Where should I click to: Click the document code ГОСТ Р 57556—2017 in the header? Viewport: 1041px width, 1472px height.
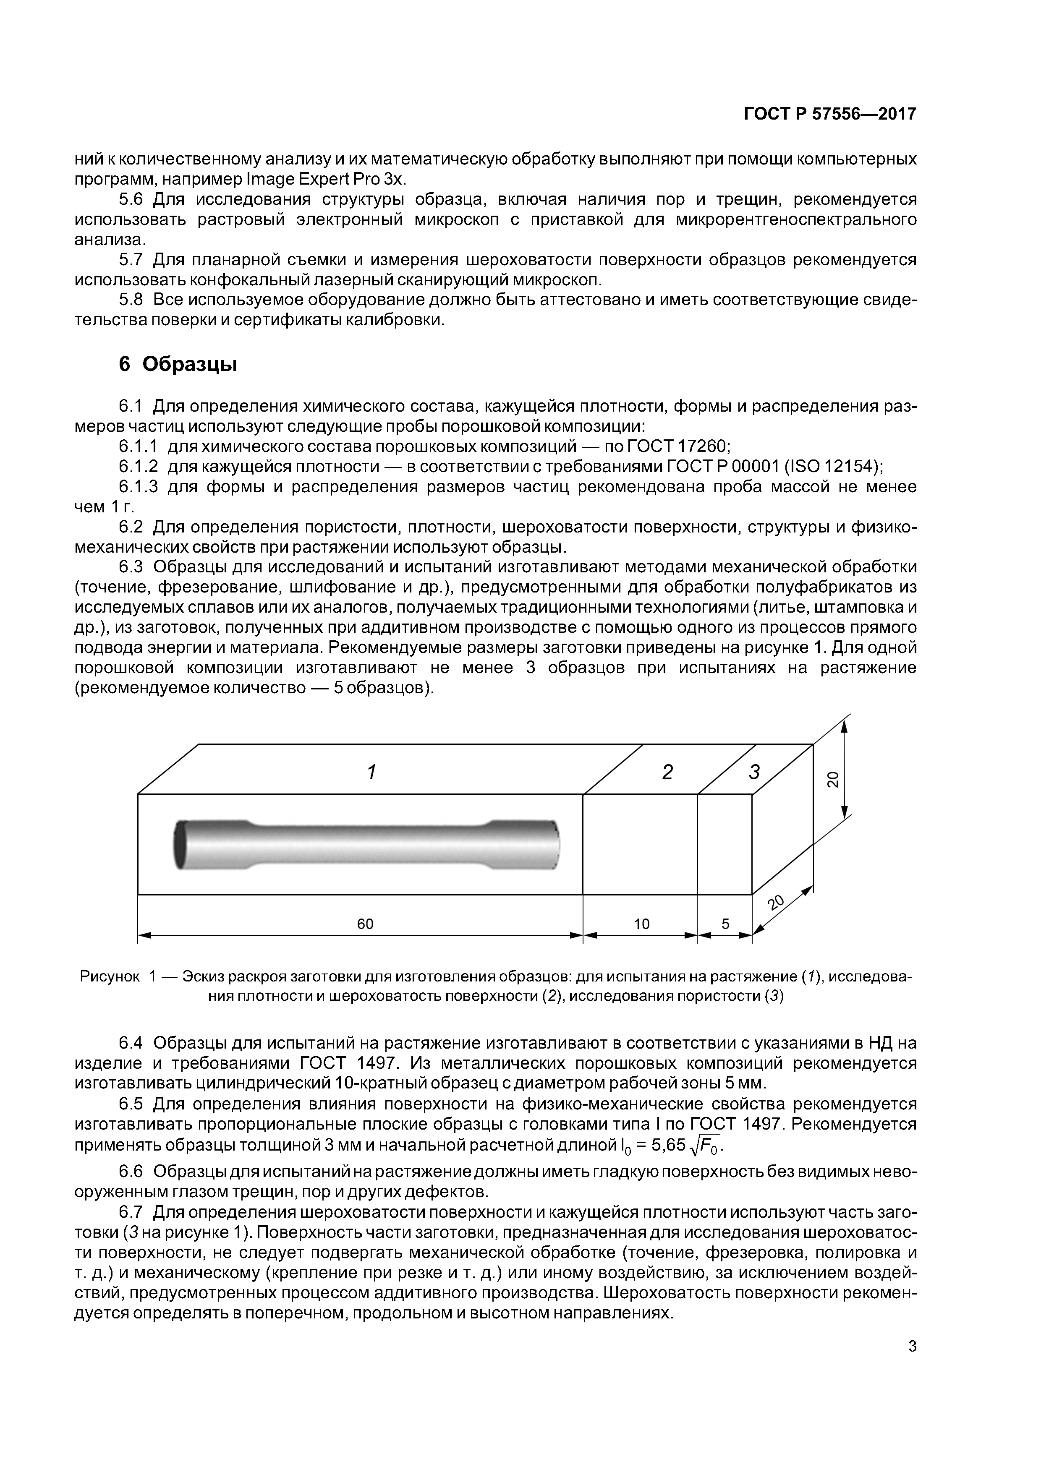pos(829,114)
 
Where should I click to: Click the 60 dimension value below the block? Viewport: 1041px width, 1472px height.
pos(365,924)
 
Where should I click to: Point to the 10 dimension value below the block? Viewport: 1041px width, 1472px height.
pos(641,924)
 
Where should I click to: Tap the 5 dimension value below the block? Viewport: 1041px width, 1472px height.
pos(725,924)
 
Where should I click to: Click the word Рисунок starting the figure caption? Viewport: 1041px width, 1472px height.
pos(109,976)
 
